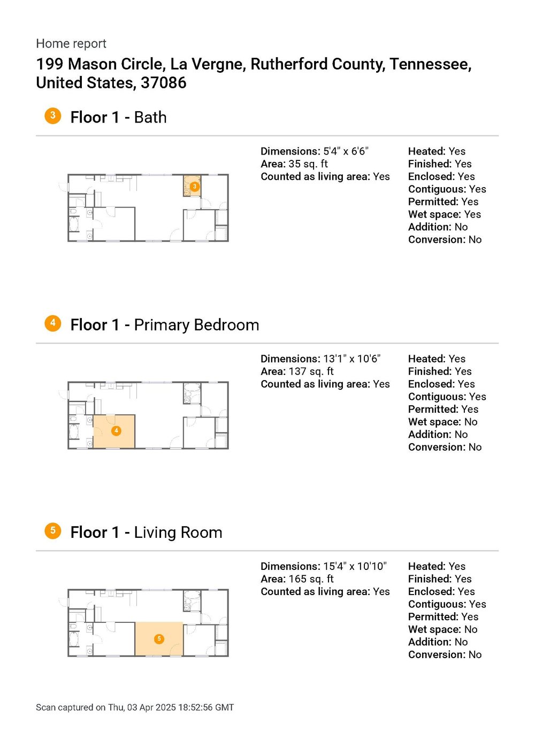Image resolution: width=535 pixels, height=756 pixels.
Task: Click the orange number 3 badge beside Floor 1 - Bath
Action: coord(52,115)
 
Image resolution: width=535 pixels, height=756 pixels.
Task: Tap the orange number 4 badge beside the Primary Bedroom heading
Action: coord(52,323)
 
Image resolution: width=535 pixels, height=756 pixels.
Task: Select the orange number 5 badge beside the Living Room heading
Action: coord(52,530)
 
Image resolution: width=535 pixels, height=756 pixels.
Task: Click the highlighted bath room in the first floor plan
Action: coord(193,186)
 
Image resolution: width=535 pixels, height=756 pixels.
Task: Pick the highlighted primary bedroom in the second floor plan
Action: coord(114,431)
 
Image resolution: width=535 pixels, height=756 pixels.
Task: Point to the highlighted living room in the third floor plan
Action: coord(159,639)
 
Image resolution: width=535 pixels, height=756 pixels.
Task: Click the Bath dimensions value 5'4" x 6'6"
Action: coord(346,151)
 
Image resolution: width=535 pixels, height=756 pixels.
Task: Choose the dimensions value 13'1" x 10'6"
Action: coord(351,359)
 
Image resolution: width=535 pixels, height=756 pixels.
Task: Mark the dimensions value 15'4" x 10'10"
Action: coord(355,566)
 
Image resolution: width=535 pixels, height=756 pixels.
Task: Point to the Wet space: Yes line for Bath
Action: coord(444,214)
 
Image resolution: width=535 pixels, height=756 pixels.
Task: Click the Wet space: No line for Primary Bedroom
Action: coord(442,422)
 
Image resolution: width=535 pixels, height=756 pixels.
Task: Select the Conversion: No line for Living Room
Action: coord(445,655)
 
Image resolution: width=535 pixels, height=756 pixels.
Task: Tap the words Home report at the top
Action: coord(71,44)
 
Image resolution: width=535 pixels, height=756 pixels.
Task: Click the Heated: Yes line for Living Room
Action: coord(437,566)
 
